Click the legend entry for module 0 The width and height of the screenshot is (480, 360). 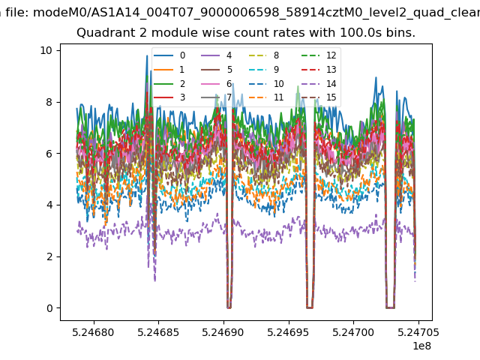pyautogui.click(x=169, y=55)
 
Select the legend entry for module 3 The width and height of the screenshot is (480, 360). pyautogui.click(x=169, y=97)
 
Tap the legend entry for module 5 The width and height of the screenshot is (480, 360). pyautogui.click(x=217, y=70)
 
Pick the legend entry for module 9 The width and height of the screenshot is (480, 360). pyautogui.click(x=264, y=70)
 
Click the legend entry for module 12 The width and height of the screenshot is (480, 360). pyautogui.click(x=319, y=55)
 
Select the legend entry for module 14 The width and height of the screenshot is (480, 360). pyautogui.click(x=319, y=84)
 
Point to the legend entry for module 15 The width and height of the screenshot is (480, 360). pyautogui.click(x=319, y=97)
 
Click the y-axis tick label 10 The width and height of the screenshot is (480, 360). pyautogui.click(x=46, y=50)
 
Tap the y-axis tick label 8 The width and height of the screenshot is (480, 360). pyautogui.click(x=49, y=102)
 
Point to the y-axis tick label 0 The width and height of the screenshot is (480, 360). pyautogui.click(x=49, y=308)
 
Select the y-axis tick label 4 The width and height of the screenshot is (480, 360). pyautogui.click(x=49, y=205)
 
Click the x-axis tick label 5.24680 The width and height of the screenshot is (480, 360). pyautogui.click(x=93, y=332)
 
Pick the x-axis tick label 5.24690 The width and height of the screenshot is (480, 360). pyautogui.click(x=223, y=332)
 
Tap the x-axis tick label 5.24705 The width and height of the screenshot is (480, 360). pyautogui.click(x=418, y=332)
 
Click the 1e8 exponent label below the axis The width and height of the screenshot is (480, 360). pyautogui.click(x=421, y=346)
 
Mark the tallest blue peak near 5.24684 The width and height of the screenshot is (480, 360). pyautogui.click(x=147, y=55)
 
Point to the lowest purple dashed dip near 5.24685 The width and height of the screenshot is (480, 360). pyautogui.click(x=155, y=280)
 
